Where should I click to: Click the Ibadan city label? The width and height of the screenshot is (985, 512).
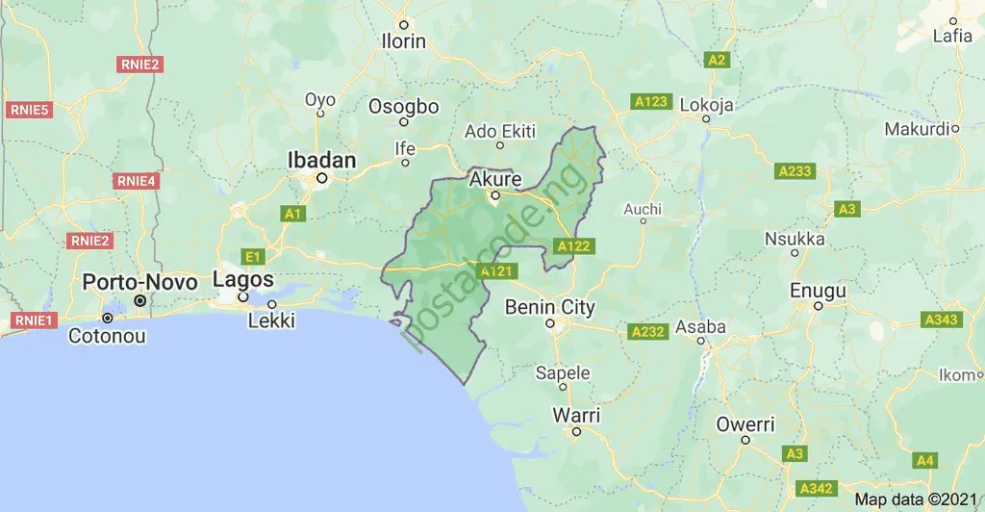click(x=322, y=160)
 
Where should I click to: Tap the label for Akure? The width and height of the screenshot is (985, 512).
click(x=495, y=180)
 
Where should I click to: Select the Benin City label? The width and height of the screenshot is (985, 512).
click(x=550, y=308)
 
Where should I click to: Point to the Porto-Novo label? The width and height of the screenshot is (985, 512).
click(x=139, y=282)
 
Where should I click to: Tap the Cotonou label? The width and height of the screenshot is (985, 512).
click(x=107, y=337)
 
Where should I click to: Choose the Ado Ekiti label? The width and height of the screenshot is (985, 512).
click(x=499, y=130)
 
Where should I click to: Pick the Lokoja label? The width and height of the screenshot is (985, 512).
click(x=706, y=105)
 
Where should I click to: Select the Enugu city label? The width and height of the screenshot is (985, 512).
click(x=818, y=290)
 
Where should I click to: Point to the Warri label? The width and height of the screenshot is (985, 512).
click(x=576, y=415)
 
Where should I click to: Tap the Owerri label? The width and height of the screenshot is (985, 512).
click(x=745, y=423)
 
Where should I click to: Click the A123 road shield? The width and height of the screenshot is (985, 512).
click(x=651, y=101)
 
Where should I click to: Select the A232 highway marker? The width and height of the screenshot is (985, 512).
click(x=648, y=332)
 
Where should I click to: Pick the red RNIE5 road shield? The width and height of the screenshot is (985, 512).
click(x=29, y=110)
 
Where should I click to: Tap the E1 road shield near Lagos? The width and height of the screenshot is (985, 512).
click(x=253, y=256)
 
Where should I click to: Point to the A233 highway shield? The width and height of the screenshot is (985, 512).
click(x=795, y=171)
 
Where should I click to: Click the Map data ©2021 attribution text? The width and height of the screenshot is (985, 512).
click(x=916, y=499)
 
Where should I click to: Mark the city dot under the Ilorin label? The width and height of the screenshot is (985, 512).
click(x=404, y=25)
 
